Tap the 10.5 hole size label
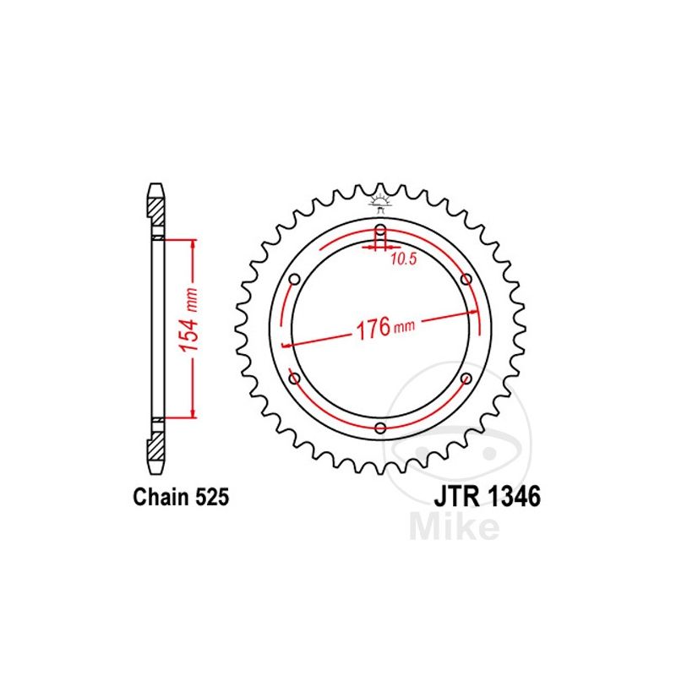[404, 260]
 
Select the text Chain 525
[181, 498]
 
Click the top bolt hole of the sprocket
[380, 230]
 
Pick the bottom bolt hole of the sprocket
[380, 428]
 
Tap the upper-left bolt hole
[294, 280]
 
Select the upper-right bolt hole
[466, 280]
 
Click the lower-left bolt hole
[294, 378]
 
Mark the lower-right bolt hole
[466, 378]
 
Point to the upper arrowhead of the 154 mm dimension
[194, 243]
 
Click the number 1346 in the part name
[510, 497]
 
